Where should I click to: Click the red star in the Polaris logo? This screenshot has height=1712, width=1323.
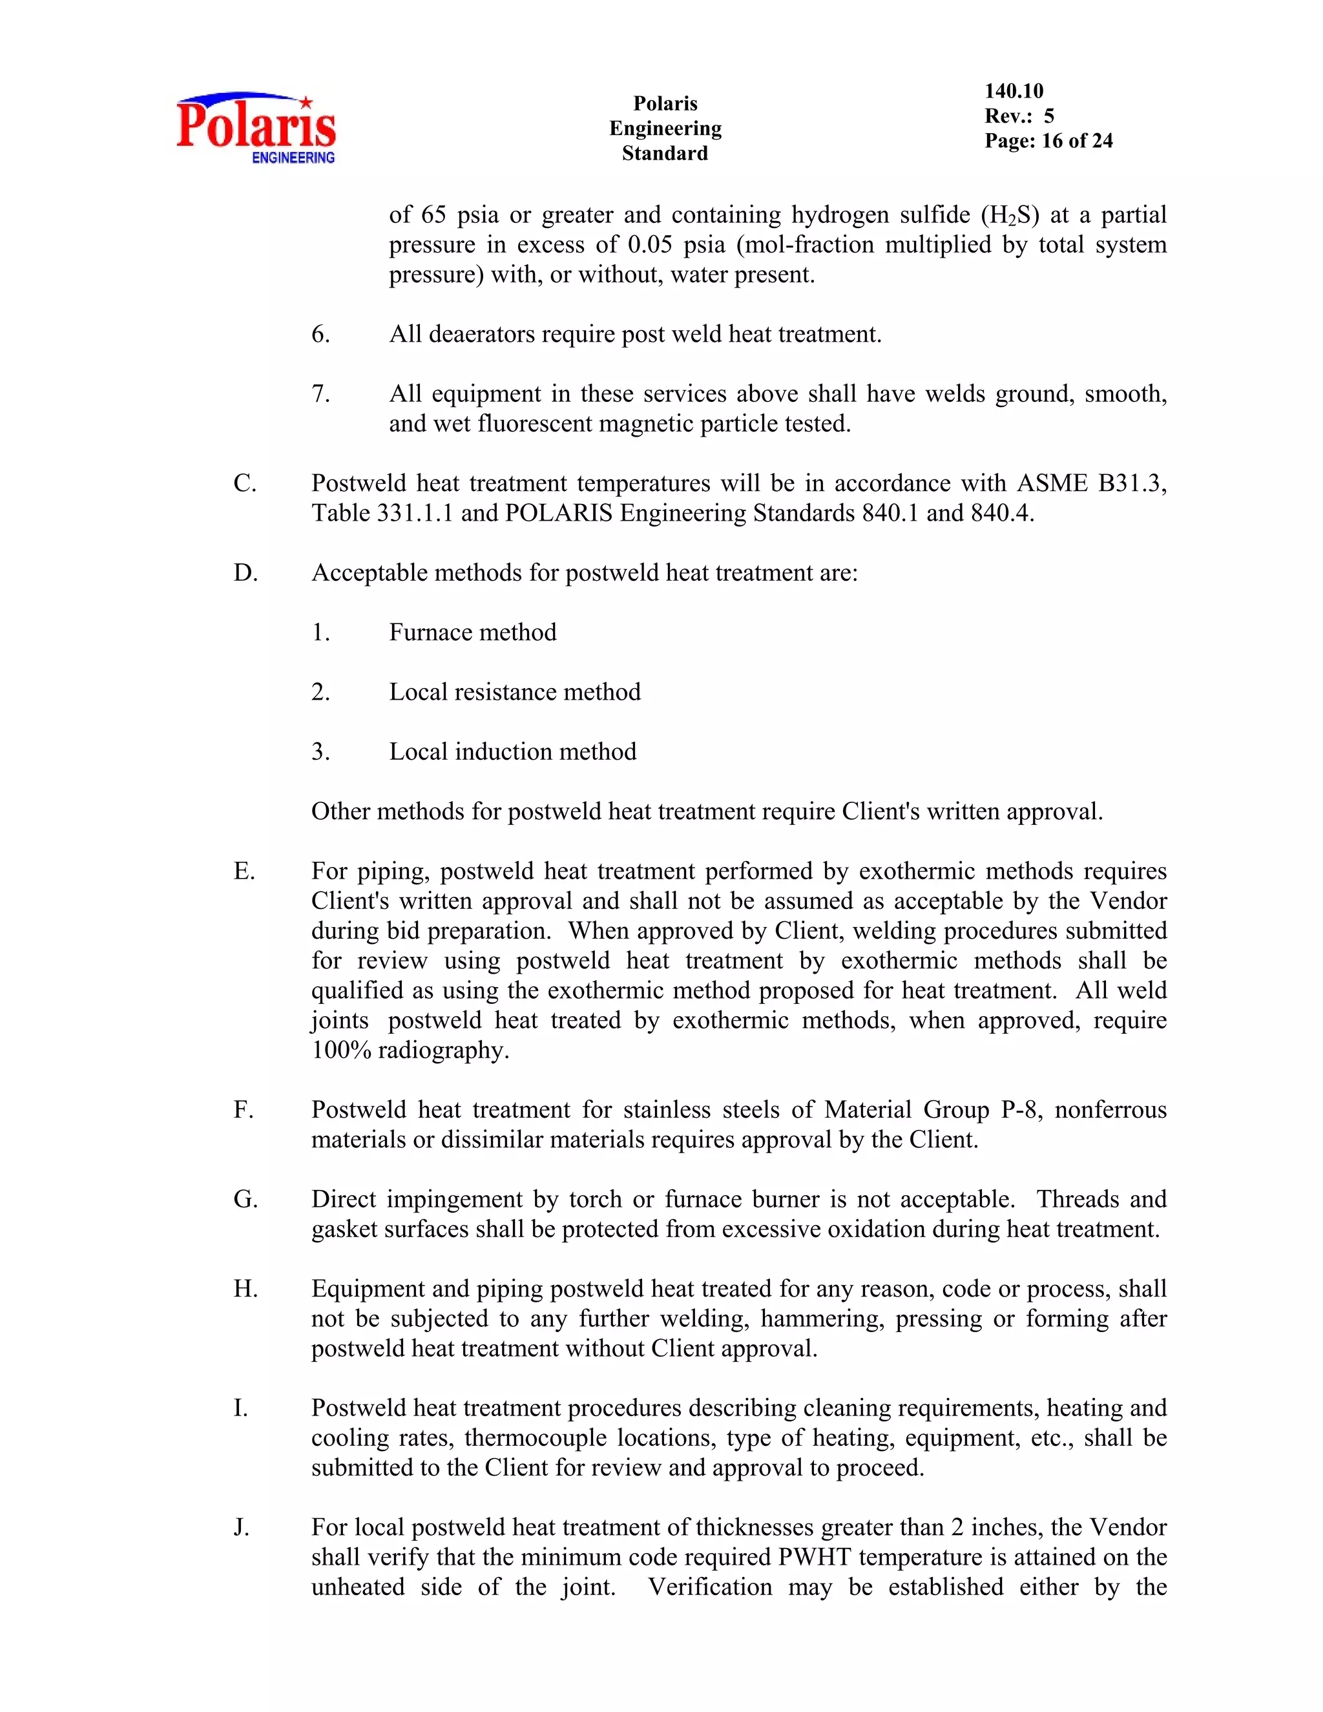click(306, 102)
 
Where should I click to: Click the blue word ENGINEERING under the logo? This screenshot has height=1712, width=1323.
click(293, 158)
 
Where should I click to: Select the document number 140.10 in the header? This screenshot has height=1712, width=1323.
click(1014, 91)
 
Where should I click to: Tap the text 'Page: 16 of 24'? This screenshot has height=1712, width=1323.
click(1048, 141)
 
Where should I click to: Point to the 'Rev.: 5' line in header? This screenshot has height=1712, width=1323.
click(1019, 116)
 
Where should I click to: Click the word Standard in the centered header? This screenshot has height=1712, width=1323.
click(665, 154)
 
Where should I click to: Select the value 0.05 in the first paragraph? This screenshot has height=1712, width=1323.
click(650, 245)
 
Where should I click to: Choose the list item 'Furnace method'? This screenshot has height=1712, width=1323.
click(473, 632)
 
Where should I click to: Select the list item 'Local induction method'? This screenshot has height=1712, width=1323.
click(512, 752)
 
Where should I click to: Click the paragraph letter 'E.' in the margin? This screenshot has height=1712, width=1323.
click(244, 872)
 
